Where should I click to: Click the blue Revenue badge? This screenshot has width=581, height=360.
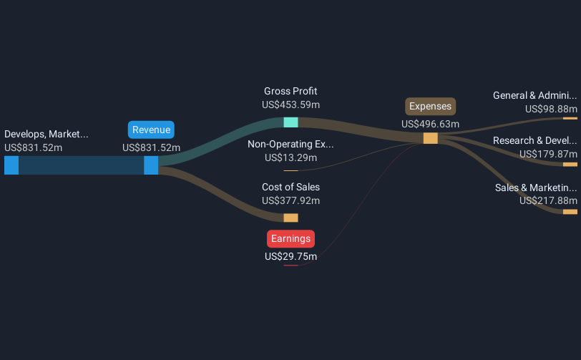pos(151,130)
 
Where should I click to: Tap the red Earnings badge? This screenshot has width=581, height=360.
pos(291,239)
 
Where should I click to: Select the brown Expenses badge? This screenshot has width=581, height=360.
pos(430,107)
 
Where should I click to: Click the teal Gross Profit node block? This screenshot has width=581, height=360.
pos(291,122)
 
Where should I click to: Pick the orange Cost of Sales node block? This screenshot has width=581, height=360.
pos(291,218)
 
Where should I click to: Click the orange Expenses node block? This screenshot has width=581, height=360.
pos(431,138)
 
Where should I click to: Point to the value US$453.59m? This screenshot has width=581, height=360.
pos(291,105)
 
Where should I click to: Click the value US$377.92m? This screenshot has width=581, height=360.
pos(291,200)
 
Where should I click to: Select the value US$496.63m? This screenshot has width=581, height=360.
pos(430,124)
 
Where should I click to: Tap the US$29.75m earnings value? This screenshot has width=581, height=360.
pos(291,256)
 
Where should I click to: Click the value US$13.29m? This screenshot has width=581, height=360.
pos(291,158)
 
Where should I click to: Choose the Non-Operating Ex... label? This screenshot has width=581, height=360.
pos(290,145)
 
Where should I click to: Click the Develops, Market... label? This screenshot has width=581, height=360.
pos(47,135)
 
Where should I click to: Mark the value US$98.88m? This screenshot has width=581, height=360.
pos(551,109)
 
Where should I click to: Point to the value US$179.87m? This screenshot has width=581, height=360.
pos(548,154)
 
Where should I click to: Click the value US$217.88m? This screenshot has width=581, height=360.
pos(548,200)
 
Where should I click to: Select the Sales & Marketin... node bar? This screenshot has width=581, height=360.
pos(570,212)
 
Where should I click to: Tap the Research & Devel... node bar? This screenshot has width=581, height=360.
pos(570,165)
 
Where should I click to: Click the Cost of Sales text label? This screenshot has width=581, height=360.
pos(291,187)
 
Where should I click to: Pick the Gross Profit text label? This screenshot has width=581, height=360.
pos(290,91)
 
